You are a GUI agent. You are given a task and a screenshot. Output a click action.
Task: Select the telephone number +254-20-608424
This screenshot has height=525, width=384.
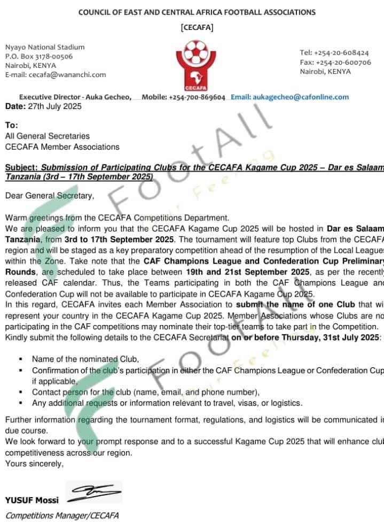coord(342,53)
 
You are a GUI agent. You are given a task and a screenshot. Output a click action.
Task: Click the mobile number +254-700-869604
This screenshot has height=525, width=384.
coord(197,97)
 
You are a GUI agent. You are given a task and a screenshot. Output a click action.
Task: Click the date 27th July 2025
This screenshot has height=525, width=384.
coord(54,106)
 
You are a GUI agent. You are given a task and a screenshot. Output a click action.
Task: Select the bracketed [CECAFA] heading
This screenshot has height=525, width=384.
coord(197,27)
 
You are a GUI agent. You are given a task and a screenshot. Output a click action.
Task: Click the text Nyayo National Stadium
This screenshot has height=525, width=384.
coord(45,47)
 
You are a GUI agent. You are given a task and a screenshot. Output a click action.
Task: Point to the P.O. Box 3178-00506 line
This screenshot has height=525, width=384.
coord(39,56)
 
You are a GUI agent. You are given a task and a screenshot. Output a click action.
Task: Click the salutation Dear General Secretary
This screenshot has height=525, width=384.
coord(50,196)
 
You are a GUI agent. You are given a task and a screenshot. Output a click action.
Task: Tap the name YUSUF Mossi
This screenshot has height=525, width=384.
coord(32,501)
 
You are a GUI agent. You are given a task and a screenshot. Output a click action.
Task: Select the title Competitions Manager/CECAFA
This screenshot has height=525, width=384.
coord(62,515)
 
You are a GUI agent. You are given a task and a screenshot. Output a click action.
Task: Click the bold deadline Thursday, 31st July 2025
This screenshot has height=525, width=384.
coord(333,338)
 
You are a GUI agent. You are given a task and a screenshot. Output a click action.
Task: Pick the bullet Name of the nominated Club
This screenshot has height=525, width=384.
coord(85,359)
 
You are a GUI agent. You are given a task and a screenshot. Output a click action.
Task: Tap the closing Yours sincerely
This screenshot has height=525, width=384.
coord(34,464)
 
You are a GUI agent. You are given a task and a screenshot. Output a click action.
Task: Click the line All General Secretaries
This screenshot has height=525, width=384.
coord(48,136)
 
